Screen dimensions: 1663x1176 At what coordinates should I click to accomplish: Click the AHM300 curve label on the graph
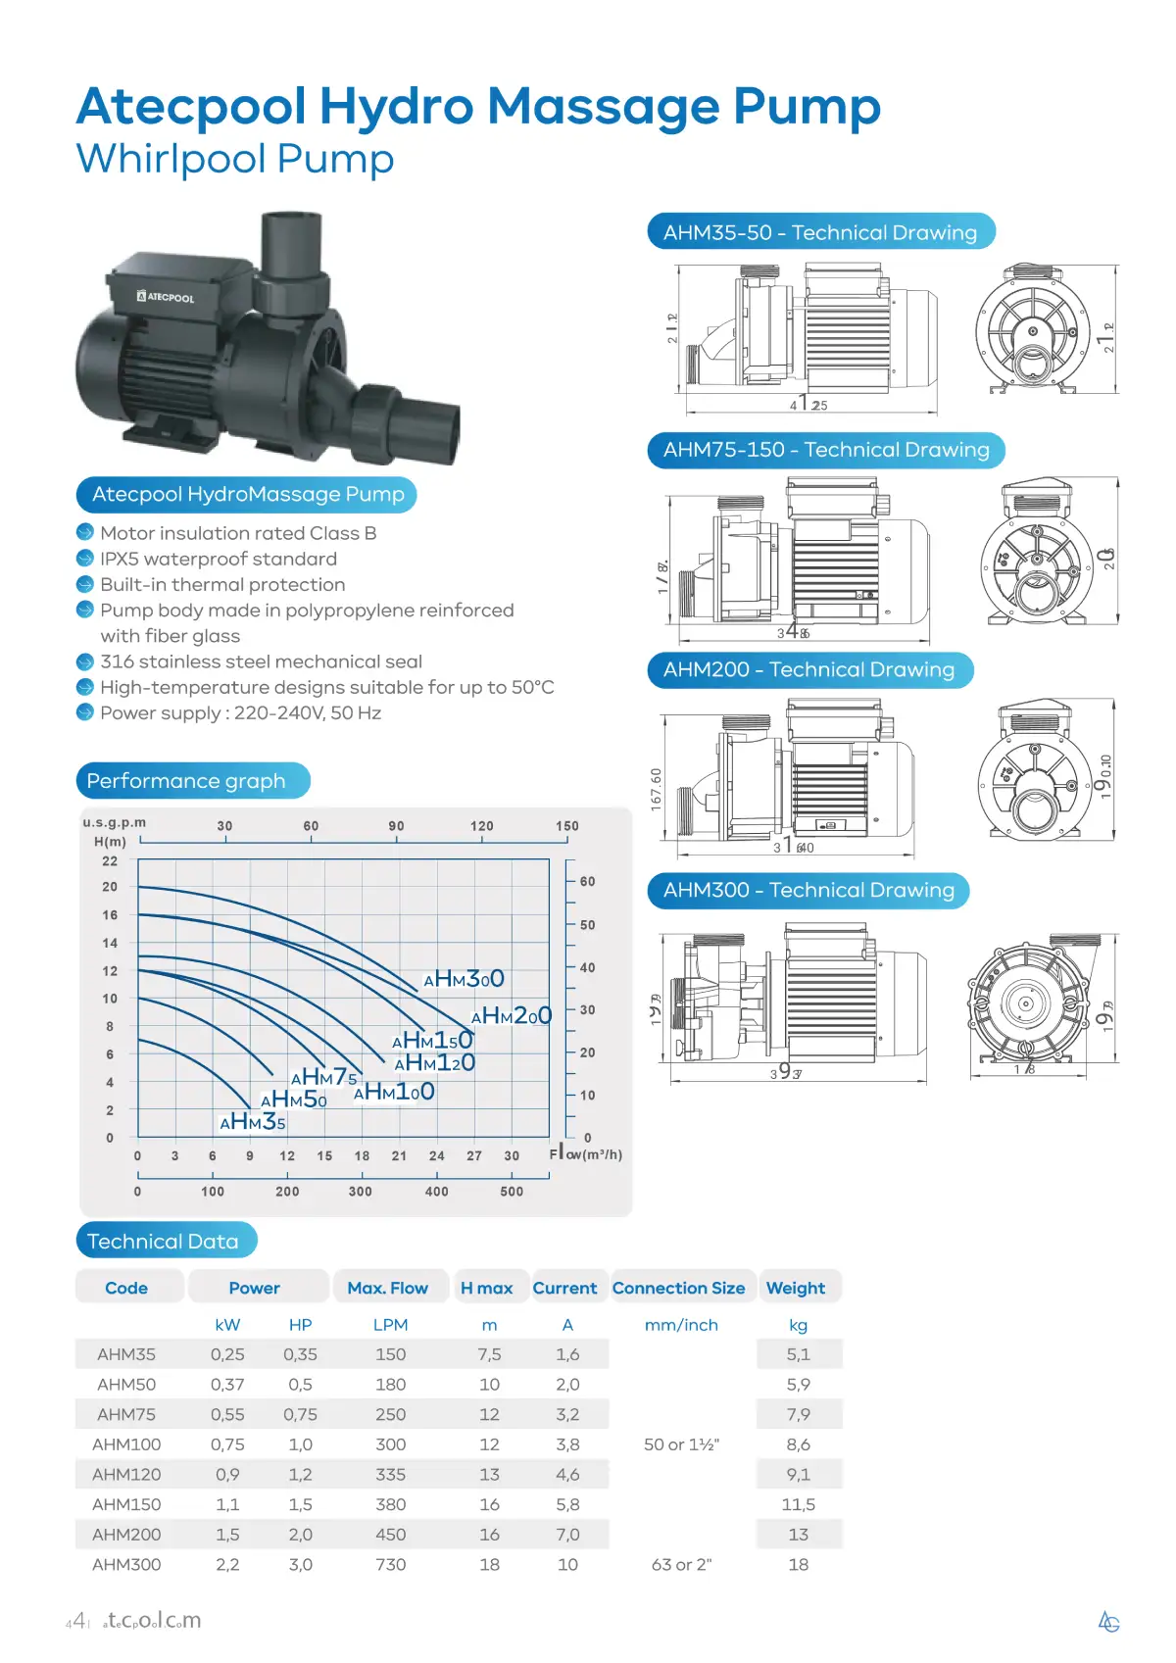tap(465, 979)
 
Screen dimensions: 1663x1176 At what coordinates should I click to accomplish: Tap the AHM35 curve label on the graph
tap(253, 1122)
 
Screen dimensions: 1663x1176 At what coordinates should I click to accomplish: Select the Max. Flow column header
tap(387, 1288)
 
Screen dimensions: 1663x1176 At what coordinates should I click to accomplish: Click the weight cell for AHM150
tap(798, 1504)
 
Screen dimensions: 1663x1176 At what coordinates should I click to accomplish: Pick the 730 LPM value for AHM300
tap(390, 1564)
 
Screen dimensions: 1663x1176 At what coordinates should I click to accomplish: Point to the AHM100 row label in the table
tap(126, 1444)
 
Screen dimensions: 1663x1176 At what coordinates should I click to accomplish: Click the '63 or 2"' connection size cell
tap(681, 1564)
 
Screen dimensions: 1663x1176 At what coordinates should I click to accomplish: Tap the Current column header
tap(564, 1288)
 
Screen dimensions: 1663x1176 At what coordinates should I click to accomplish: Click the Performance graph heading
tap(186, 781)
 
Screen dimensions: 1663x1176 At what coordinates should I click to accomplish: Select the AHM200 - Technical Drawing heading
tap(808, 669)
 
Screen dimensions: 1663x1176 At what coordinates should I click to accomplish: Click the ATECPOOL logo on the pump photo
tap(166, 296)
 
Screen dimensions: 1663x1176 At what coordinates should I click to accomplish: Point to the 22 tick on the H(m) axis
tap(110, 861)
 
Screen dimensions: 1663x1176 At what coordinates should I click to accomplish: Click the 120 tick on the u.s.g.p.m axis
tap(481, 826)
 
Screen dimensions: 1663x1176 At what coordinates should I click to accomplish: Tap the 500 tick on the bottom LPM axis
tap(512, 1192)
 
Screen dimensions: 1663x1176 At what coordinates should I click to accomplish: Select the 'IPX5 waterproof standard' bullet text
tap(219, 559)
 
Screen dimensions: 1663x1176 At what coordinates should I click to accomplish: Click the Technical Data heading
tap(163, 1241)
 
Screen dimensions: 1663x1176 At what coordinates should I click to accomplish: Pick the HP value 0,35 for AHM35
tap(300, 1354)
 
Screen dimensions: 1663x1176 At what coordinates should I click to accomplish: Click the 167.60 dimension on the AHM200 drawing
tap(657, 789)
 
